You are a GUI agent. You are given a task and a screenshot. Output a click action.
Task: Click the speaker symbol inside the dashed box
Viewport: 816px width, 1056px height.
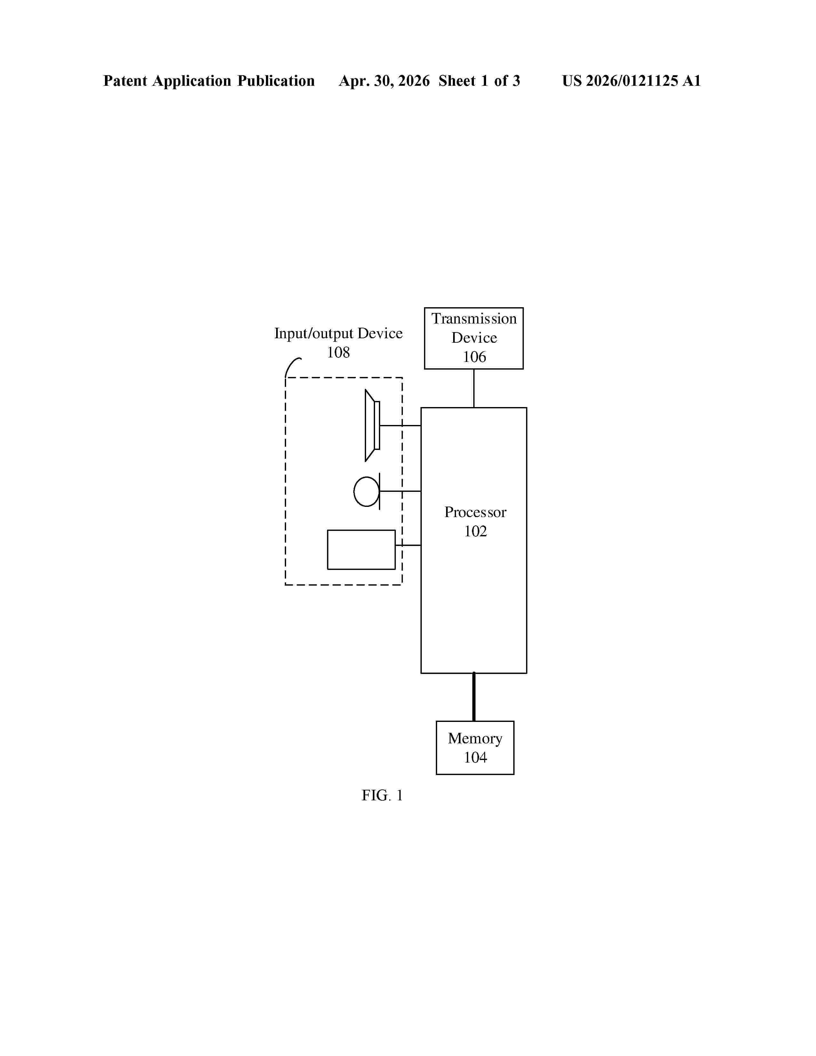[372, 426]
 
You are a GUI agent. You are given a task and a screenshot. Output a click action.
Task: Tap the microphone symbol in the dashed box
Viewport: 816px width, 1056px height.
[367, 491]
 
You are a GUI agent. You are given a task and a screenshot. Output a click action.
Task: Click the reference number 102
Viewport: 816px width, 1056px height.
[475, 532]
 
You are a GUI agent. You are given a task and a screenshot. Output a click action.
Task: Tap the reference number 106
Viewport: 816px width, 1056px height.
[474, 357]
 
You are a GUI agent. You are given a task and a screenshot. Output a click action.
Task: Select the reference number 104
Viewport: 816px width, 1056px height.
[475, 757]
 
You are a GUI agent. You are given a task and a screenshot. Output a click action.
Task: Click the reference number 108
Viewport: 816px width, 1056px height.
[338, 353]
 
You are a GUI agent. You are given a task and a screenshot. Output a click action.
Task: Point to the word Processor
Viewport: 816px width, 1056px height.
[475, 512]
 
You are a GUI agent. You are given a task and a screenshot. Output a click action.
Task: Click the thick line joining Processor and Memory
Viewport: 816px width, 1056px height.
[474, 697]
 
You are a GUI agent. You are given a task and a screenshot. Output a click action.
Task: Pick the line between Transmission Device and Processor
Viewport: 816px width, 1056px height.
[474, 388]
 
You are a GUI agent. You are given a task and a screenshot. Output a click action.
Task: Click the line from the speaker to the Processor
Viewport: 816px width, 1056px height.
[400, 426]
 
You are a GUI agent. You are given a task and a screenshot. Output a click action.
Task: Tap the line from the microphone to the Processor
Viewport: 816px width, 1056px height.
[400, 491]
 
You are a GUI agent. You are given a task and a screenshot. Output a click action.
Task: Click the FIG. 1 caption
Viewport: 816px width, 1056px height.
[382, 796]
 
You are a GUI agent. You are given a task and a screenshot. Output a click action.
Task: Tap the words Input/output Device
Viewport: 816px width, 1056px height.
[338, 334]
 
